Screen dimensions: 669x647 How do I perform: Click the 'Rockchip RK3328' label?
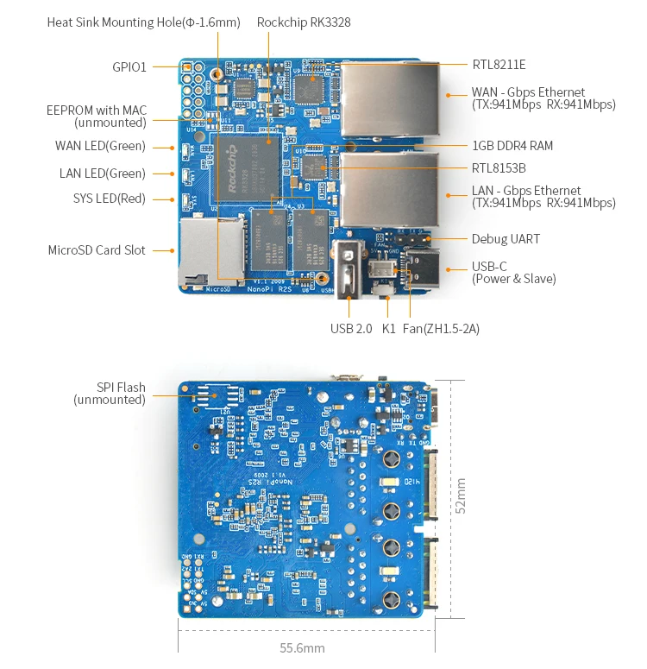coord(303,22)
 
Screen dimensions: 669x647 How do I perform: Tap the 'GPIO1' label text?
coord(129,66)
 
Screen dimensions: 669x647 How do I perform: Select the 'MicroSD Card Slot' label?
coord(97,250)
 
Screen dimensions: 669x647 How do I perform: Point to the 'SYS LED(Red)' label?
coord(110,199)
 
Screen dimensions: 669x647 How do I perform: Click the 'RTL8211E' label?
coord(499,64)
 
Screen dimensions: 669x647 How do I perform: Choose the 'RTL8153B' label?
coord(499,168)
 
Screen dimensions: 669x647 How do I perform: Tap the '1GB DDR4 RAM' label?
coord(512,146)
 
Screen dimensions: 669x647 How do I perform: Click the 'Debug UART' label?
coord(506,239)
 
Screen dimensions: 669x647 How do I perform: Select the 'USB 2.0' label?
coord(351,328)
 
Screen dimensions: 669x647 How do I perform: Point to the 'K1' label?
coord(388,328)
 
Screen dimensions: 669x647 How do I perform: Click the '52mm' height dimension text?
coord(461,496)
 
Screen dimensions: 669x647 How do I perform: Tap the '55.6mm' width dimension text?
coord(303,647)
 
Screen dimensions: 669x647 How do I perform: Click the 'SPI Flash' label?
coord(121,388)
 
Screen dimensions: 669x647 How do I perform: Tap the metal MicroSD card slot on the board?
coord(210,250)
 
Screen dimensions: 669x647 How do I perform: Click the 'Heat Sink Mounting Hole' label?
coord(143,22)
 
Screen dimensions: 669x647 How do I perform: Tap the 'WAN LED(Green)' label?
coord(100,146)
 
